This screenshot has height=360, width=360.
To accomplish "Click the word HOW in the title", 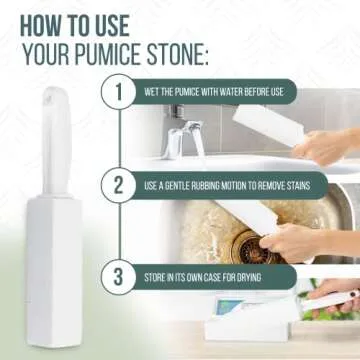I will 46,22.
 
